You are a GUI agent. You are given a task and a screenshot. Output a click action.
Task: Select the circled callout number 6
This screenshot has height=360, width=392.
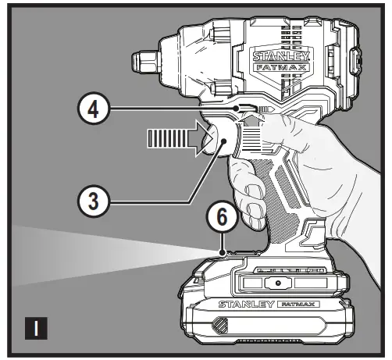[224, 219]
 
